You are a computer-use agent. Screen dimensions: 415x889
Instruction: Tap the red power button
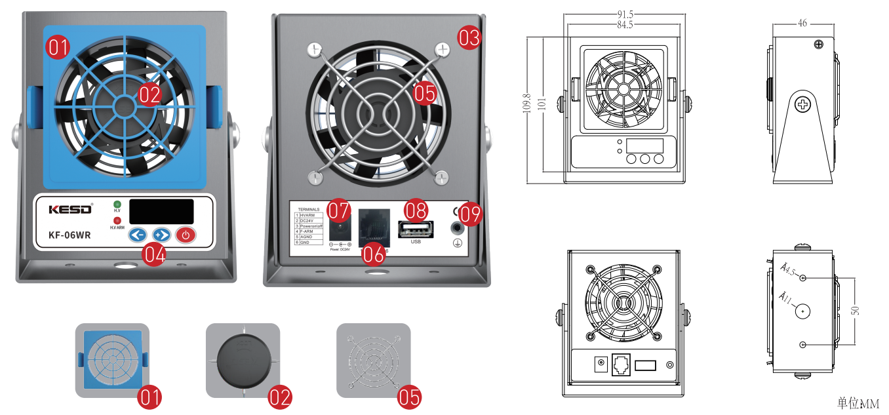(x=186, y=235)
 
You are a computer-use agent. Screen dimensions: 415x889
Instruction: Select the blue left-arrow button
(x=136, y=235)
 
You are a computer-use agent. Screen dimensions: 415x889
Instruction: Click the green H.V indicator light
(x=117, y=204)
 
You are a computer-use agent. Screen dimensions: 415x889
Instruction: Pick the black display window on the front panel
(x=161, y=211)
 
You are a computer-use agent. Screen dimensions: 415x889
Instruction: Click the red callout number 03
(x=469, y=38)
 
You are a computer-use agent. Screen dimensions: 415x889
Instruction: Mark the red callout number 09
(x=469, y=212)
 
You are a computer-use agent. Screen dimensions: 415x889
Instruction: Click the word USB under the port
(x=416, y=242)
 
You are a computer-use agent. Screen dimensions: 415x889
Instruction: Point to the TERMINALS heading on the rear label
(x=309, y=210)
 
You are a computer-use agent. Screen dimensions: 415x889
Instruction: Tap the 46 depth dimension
(x=802, y=24)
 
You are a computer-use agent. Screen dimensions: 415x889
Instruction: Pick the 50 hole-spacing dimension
(x=856, y=311)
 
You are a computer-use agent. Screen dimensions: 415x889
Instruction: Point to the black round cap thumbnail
(x=243, y=360)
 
